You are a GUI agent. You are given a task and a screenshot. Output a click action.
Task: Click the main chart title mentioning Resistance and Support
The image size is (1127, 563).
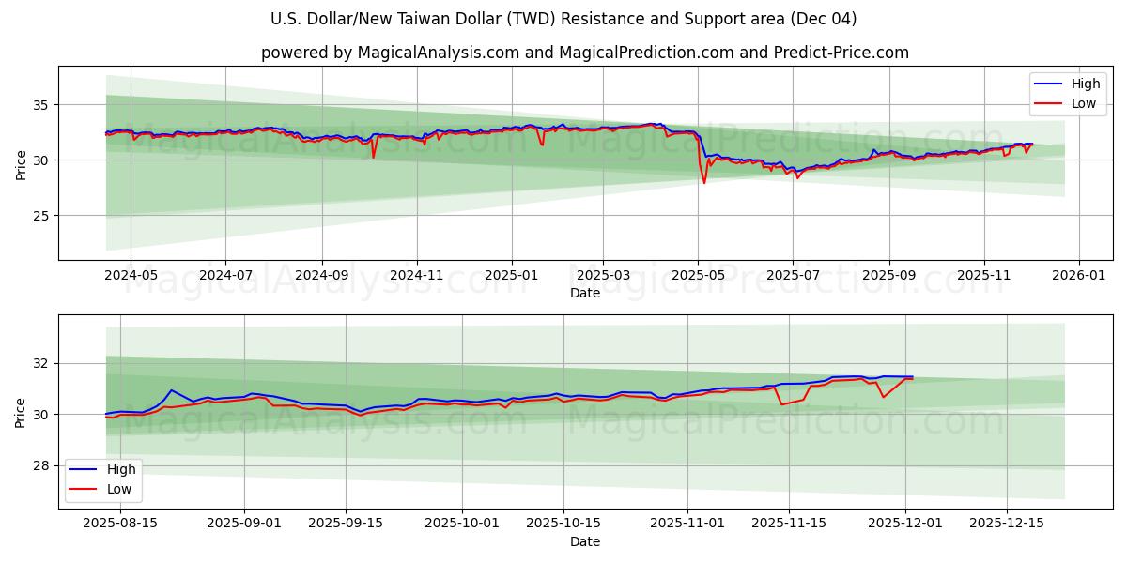point(563,19)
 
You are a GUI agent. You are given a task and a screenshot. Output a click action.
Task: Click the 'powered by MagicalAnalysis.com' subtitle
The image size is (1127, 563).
point(584,53)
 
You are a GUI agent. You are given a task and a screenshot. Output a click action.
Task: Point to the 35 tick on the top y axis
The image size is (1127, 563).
point(41,105)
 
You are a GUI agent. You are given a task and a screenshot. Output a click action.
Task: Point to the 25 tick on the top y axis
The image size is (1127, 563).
point(41,216)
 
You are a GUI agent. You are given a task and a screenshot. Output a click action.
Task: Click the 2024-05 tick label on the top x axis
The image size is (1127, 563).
point(130,277)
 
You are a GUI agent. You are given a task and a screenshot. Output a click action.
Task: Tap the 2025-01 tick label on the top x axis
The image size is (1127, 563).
point(512,277)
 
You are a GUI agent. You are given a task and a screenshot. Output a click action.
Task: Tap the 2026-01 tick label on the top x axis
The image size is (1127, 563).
point(1078,277)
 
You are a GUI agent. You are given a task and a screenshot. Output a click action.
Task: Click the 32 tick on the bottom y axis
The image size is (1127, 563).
point(41,363)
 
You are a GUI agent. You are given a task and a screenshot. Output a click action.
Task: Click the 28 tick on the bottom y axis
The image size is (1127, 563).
point(41,465)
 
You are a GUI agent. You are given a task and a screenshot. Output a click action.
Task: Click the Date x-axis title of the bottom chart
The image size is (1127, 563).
point(584,541)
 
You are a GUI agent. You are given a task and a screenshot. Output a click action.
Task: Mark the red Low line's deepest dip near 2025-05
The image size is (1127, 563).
point(704,182)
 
